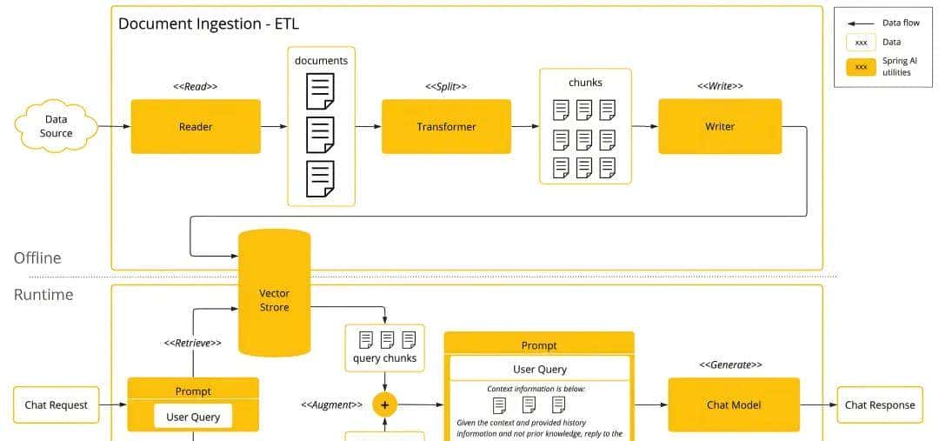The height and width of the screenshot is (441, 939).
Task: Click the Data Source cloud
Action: tap(56, 126)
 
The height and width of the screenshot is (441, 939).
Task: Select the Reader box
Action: tap(196, 126)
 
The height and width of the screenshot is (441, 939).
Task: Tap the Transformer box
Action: tap(446, 126)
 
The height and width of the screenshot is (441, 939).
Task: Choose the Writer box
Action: tap(720, 126)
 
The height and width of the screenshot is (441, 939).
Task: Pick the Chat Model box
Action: tap(734, 404)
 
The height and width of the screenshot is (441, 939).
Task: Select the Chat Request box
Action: tap(57, 404)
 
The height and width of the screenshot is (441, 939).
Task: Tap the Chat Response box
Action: tap(880, 404)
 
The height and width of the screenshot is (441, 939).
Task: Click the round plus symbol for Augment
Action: tap(384, 405)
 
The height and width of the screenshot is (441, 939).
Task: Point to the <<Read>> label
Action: tap(196, 86)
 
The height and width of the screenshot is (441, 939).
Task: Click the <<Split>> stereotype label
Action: tap(446, 86)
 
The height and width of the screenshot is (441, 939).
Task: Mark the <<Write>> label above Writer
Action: tap(720, 86)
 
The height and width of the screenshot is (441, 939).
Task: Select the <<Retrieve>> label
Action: tap(193, 343)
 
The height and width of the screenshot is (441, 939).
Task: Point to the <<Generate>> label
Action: tap(731, 364)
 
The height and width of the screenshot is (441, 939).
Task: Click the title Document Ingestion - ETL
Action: tap(209, 23)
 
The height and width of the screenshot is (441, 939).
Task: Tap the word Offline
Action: tap(37, 257)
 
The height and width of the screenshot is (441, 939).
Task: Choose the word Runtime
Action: tap(43, 294)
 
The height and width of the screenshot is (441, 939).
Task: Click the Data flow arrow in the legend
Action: tap(861, 23)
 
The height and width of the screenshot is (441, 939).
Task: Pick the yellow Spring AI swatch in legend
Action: tap(861, 67)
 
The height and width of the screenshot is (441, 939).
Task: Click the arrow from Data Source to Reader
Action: tap(114, 127)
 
